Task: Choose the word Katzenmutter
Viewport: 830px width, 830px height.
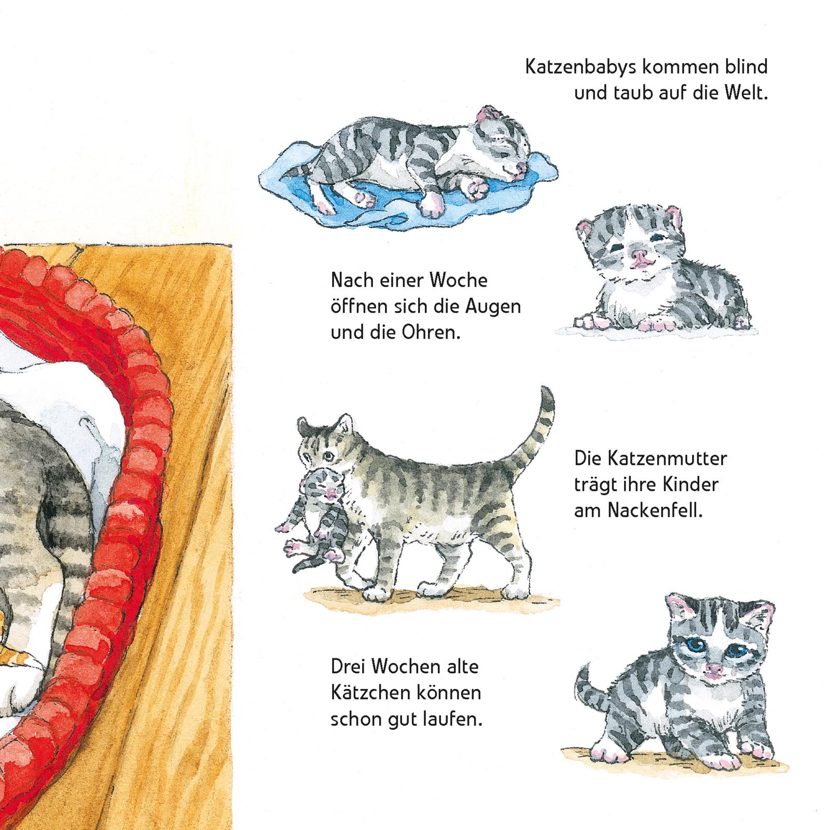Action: click(x=651, y=459)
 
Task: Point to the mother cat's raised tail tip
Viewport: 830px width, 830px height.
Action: click(x=544, y=389)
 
